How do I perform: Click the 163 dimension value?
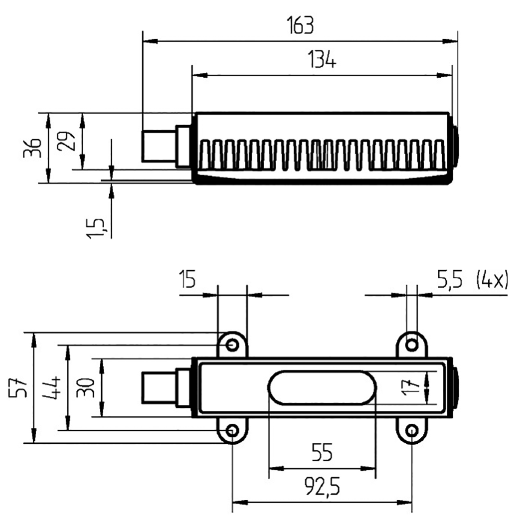[x=300, y=24]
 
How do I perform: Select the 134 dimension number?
[x=322, y=60]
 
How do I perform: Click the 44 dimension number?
[x=51, y=387]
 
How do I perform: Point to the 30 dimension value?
[x=86, y=387]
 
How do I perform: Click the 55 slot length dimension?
[x=322, y=453]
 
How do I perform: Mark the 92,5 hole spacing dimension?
[x=322, y=487]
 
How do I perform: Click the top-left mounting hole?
[x=232, y=345]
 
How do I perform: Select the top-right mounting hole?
[x=412, y=345]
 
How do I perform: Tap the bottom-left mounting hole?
[x=232, y=431]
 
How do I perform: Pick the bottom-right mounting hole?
[x=412, y=431]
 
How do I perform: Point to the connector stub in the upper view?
[x=159, y=146]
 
